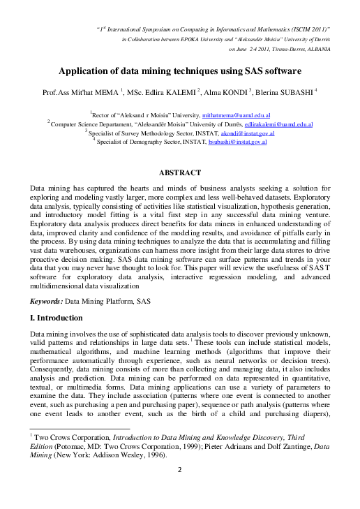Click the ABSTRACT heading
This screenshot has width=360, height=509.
tap(180, 172)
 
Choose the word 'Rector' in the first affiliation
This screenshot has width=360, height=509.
tap(102, 114)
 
